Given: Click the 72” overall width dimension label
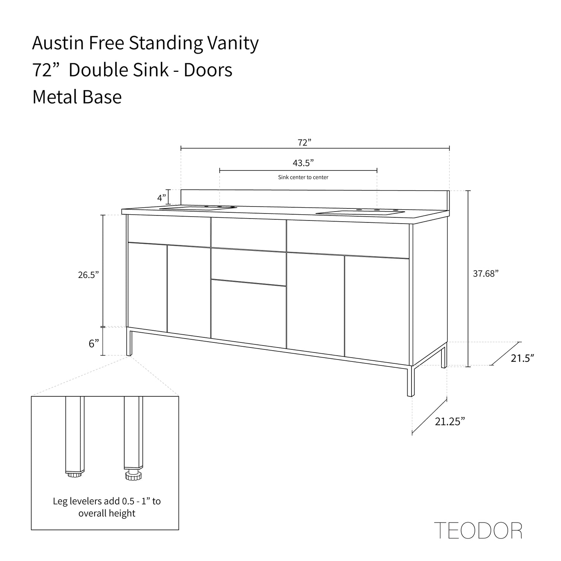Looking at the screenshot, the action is coord(304,142).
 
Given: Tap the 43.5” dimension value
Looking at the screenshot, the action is coord(303,163).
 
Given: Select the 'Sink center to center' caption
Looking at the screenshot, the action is coord(303,177).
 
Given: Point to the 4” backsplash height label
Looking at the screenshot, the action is coord(162,198).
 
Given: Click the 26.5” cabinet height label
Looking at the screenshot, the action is coord(89,275).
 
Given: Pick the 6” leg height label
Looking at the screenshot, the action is coord(94,344).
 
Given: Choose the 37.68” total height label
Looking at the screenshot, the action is coord(486,273).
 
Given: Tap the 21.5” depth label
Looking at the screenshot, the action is coord(522,358).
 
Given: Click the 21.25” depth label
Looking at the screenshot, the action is coord(450,422).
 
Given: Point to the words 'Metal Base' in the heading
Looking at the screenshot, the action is coord(77,97).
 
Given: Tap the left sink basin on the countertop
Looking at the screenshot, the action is coord(198,208).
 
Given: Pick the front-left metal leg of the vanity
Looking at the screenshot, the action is coord(129,342).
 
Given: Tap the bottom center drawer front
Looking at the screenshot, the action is coord(248,314).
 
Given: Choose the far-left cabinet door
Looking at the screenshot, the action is coord(148,287).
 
